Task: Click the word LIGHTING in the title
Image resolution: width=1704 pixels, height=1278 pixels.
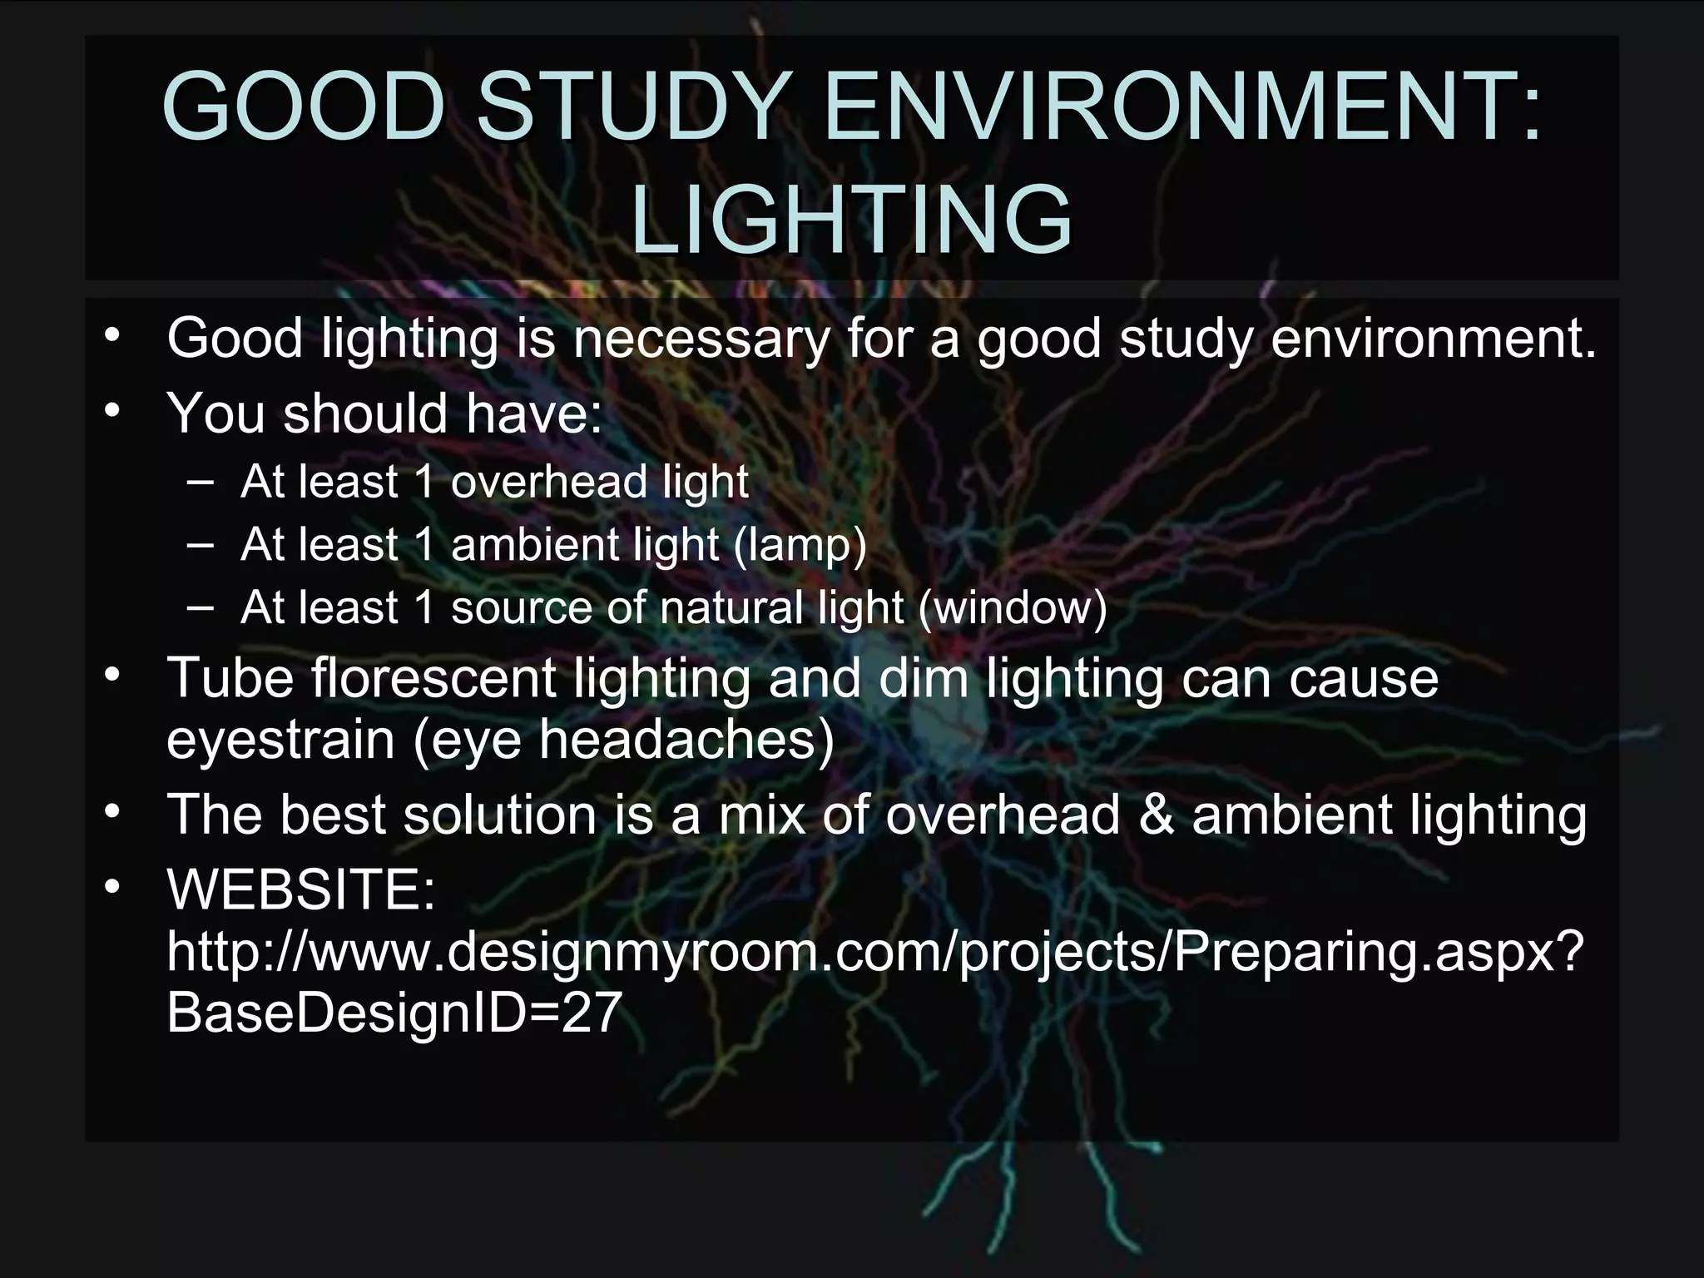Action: pos(851,220)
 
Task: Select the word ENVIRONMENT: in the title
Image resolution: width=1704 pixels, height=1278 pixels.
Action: pos(1181,106)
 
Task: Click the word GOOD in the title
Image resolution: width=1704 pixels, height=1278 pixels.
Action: pos(302,106)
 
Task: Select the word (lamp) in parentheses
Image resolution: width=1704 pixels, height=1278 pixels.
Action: pos(800,545)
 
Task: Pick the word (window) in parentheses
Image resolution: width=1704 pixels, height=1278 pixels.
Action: pos(1013,607)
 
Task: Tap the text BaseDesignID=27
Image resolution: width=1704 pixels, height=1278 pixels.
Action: pos(394,1013)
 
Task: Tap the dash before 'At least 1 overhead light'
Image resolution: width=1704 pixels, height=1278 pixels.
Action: pos(200,482)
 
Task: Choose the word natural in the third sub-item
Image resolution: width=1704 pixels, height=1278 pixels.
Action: pos(731,607)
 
